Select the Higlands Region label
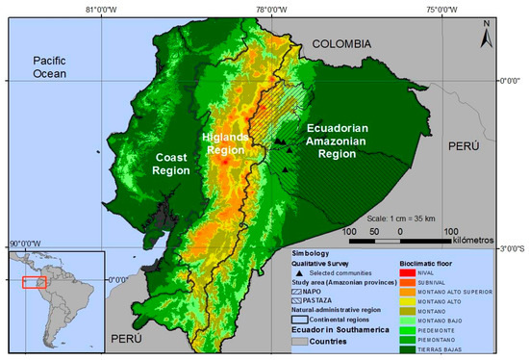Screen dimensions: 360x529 [x=227, y=144]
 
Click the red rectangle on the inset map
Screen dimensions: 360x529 [x=35, y=282]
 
